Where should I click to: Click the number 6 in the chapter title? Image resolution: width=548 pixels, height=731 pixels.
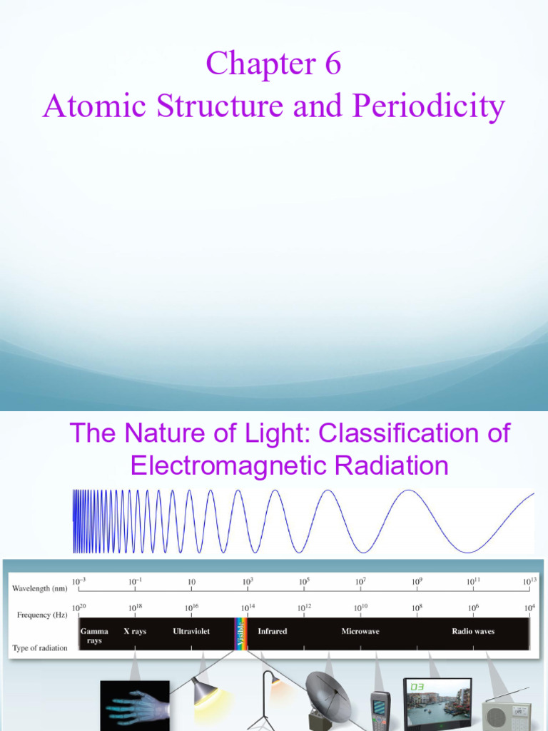(x=332, y=64)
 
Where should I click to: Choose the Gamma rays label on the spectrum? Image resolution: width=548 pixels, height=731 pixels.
(x=94, y=635)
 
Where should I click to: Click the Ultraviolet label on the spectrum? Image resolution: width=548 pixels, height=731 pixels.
(x=191, y=631)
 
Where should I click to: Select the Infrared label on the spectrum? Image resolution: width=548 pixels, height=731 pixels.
(x=273, y=631)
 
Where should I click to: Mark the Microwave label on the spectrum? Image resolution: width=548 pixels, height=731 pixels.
(x=360, y=631)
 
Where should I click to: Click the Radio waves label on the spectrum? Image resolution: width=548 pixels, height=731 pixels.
(x=473, y=631)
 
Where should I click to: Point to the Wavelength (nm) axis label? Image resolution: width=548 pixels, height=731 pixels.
(x=40, y=588)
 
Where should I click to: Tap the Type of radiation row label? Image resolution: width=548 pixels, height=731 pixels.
(x=40, y=648)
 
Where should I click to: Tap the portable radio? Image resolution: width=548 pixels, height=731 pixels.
(x=506, y=715)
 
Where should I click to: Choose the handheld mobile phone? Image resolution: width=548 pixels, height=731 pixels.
(x=380, y=711)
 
